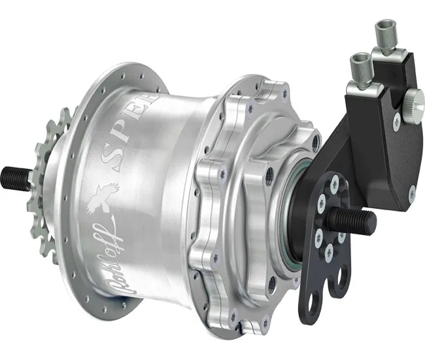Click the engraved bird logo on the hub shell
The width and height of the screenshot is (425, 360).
point(107,193)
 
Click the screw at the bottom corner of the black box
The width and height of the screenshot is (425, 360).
point(411,192)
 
